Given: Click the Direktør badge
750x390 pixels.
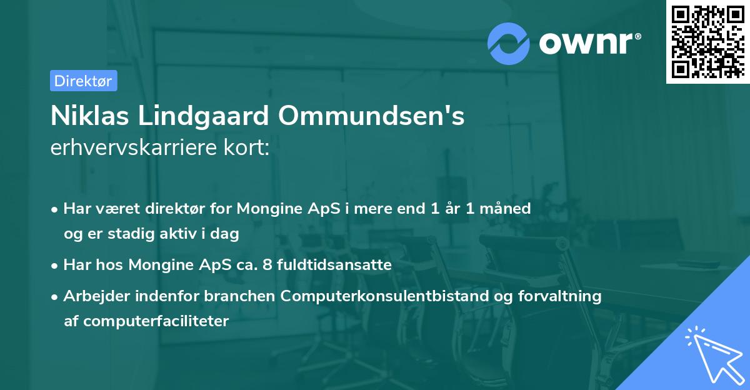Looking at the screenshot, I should (83, 81).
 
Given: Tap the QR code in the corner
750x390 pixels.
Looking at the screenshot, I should (707, 41).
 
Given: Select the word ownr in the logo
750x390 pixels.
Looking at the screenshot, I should (589, 43).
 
